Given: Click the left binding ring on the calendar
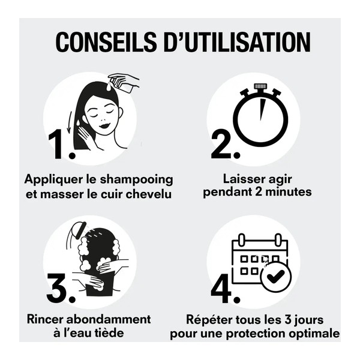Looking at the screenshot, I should click(x=244, y=239).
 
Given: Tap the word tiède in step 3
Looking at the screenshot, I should click(x=124, y=332).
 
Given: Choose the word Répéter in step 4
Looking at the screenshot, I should click(x=204, y=319).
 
